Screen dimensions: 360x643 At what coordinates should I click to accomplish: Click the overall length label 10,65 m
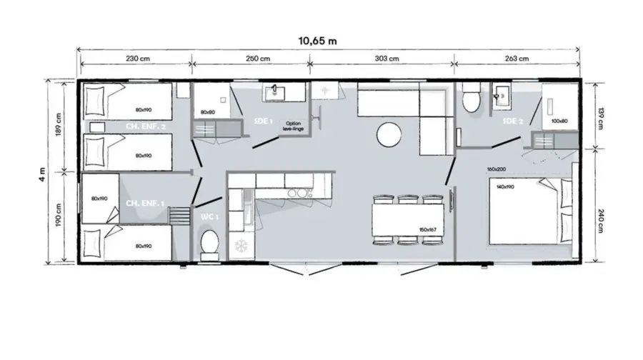pos(319,41)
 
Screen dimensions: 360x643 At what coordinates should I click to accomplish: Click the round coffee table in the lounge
pos(389,134)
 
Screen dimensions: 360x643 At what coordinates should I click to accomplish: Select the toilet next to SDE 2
pos(471,99)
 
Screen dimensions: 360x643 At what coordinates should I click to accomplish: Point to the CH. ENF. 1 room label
pos(145,203)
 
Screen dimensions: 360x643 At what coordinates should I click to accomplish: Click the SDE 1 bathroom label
pos(264,121)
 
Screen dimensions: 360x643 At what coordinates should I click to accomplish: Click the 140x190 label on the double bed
pos(506,186)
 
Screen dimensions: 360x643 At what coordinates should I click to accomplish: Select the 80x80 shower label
pos(208,112)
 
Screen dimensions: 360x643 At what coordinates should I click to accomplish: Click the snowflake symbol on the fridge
pos(239,246)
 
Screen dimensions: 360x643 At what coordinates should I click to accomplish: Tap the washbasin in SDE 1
pos(274,92)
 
